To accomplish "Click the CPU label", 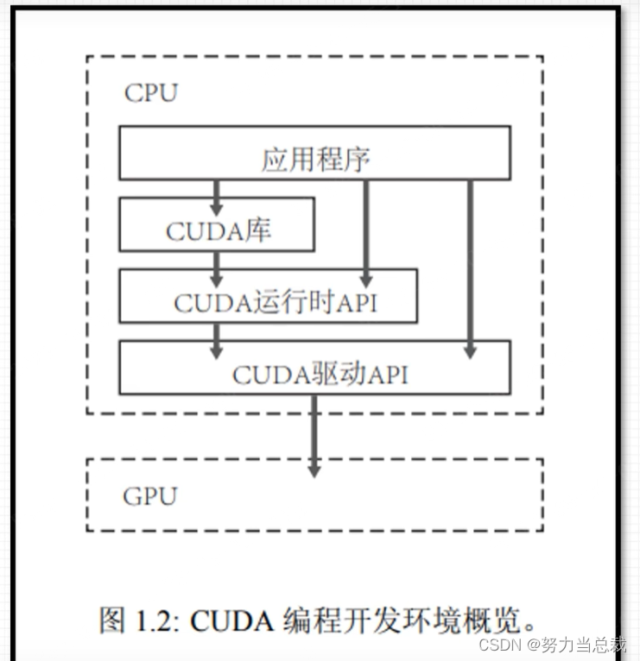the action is click(150, 93).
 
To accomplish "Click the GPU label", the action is click(149, 497).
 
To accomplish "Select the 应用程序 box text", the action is click(316, 160).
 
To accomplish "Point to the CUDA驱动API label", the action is click(320, 375).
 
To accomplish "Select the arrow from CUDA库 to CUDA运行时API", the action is click(217, 268).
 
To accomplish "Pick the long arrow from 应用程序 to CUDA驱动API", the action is click(470, 268).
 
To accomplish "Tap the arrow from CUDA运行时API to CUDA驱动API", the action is click(217, 340).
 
